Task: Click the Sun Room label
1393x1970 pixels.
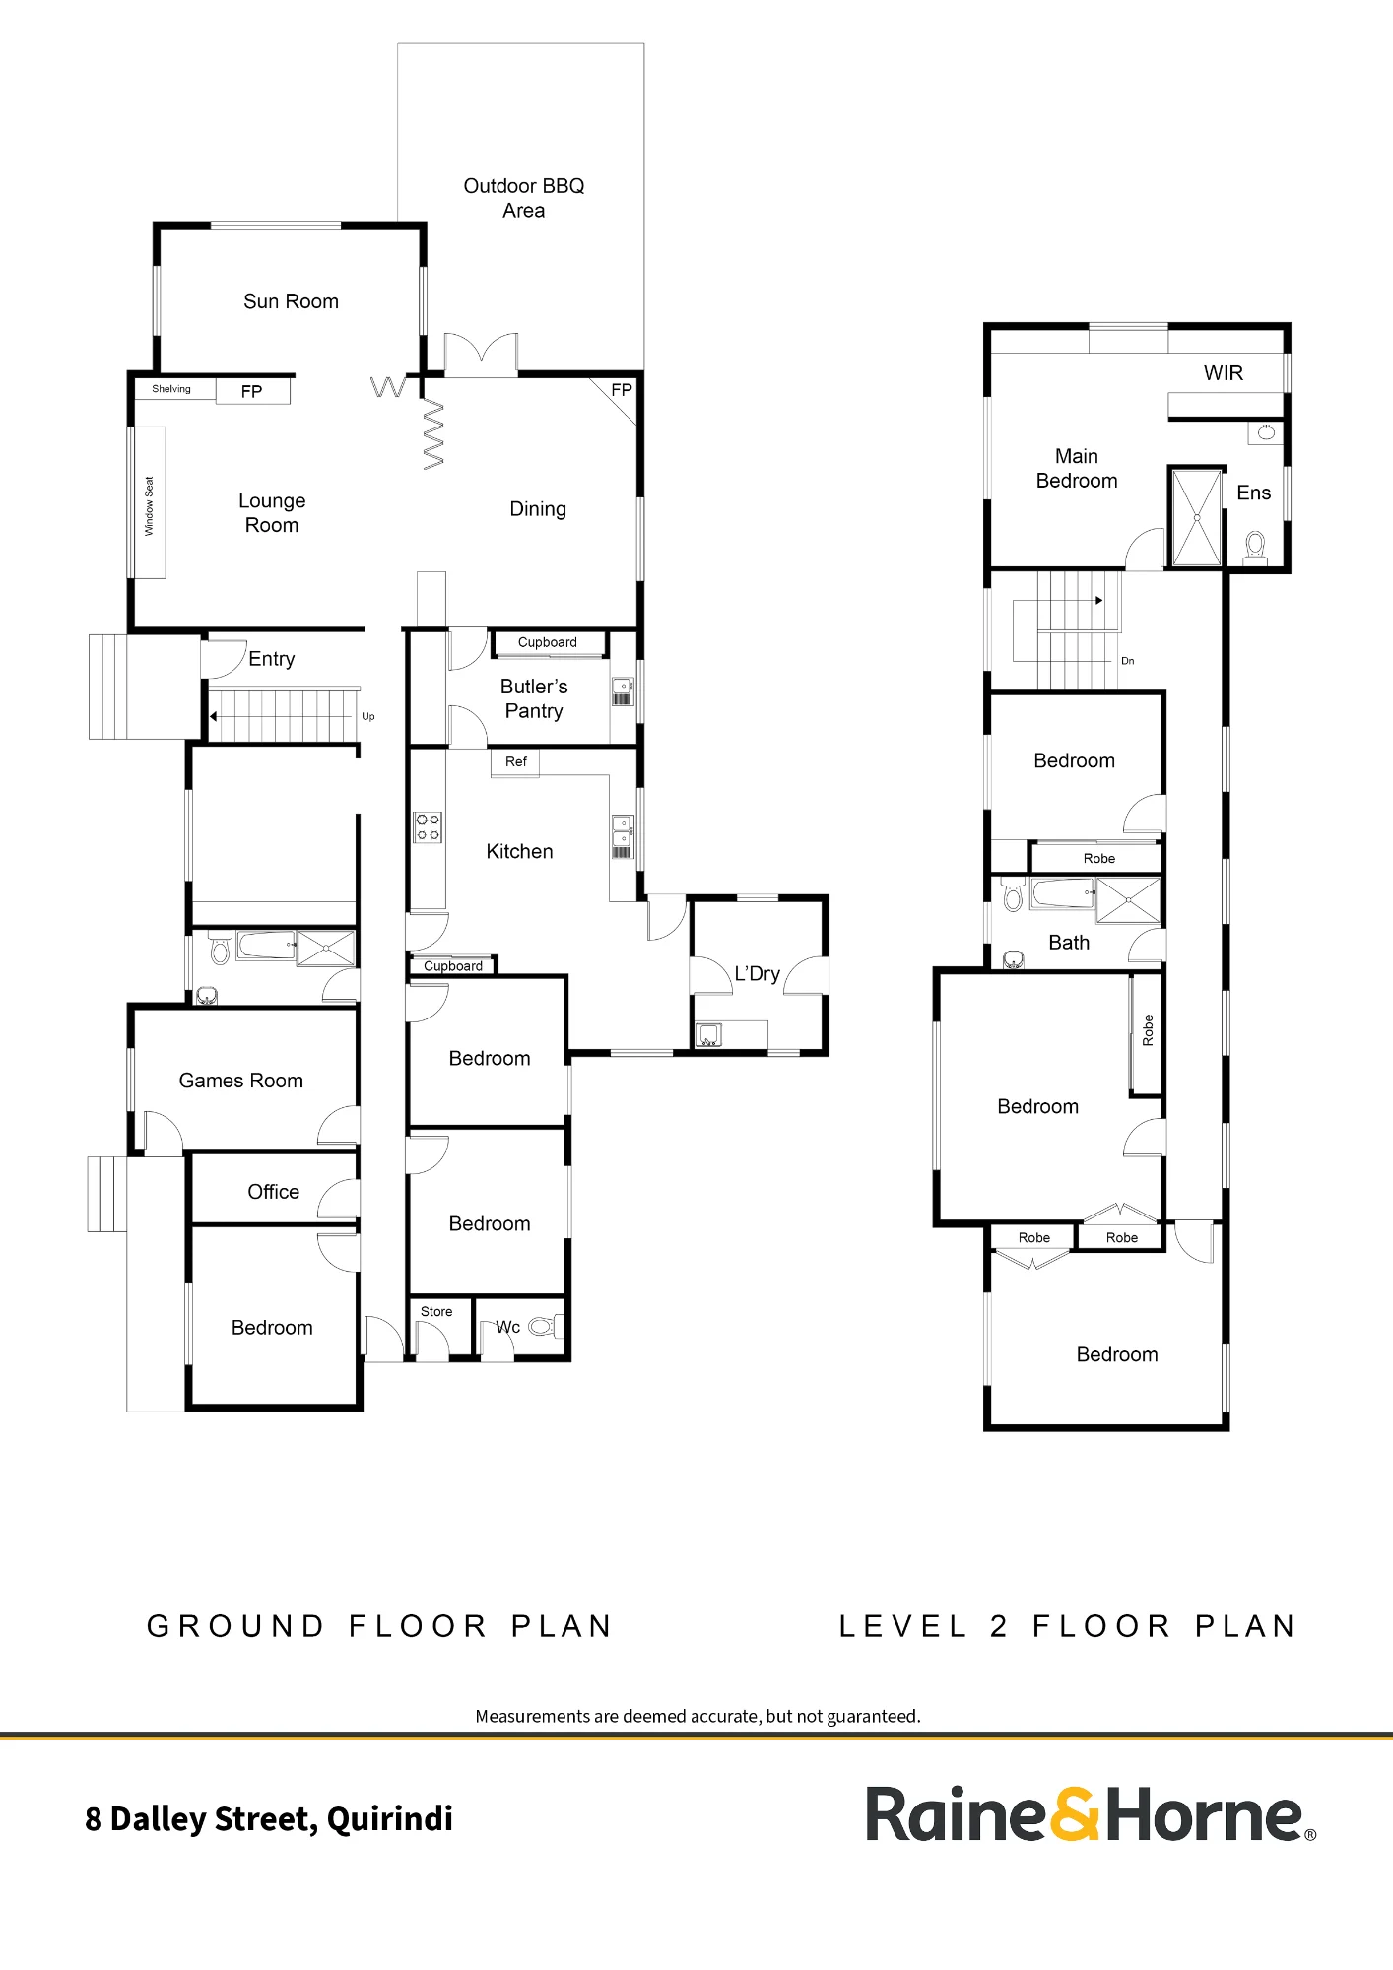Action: pos(291,301)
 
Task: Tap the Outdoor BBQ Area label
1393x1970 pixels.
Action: pos(524,198)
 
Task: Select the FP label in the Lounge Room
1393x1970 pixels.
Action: pos(251,392)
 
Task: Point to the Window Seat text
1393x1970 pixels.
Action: pos(150,506)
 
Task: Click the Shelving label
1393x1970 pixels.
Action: pos(171,389)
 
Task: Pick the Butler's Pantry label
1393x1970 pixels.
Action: pos(534,698)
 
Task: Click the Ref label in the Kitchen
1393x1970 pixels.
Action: pos(516,761)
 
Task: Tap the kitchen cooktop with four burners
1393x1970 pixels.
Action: pos(428,827)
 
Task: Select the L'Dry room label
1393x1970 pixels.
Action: pos(758,974)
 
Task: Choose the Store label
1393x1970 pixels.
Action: pos(436,1312)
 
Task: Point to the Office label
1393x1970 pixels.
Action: pos(273,1192)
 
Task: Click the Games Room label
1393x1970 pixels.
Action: pos(241,1081)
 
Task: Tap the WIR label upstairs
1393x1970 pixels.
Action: pos(1224,373)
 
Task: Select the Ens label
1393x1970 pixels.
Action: pos(1254,492)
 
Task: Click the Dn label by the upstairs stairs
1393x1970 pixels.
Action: pos(1128,661)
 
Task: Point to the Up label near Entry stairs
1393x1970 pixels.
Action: pos(368,717)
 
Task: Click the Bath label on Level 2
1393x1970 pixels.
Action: pos(1069,943)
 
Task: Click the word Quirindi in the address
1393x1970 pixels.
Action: pos(390,1819)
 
